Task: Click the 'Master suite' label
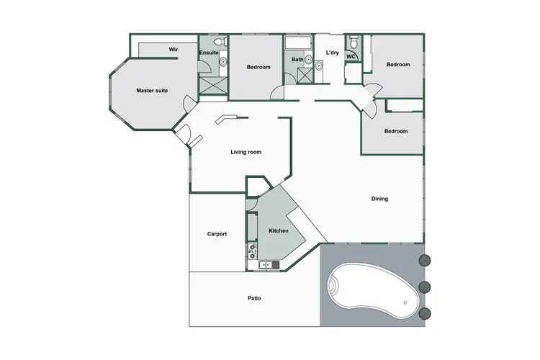click(152, 91)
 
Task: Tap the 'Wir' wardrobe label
click(174, 49)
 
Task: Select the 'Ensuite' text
click(209, 53)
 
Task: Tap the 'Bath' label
click(297, 60)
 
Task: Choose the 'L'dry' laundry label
click(332, 53)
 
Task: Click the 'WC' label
click(351, 56)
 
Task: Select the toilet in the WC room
click(352, 40)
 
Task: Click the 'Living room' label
click(246, 152)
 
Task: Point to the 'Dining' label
click(379, 199)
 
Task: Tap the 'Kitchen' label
click(279, 231)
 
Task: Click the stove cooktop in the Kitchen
click(253, 251)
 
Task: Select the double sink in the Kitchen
click(266, 265)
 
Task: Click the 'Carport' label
click(217, 234)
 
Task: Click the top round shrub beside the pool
click(425, 260)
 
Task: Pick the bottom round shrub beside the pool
click(425, 313)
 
